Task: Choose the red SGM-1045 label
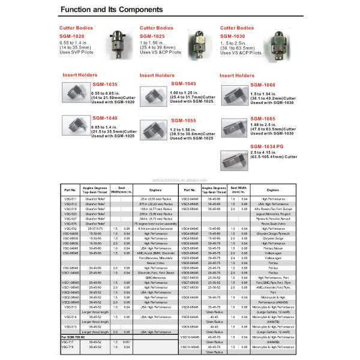coord(184,84)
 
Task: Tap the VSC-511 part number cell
coord(71,198)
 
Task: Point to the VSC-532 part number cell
coord(71,229)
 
